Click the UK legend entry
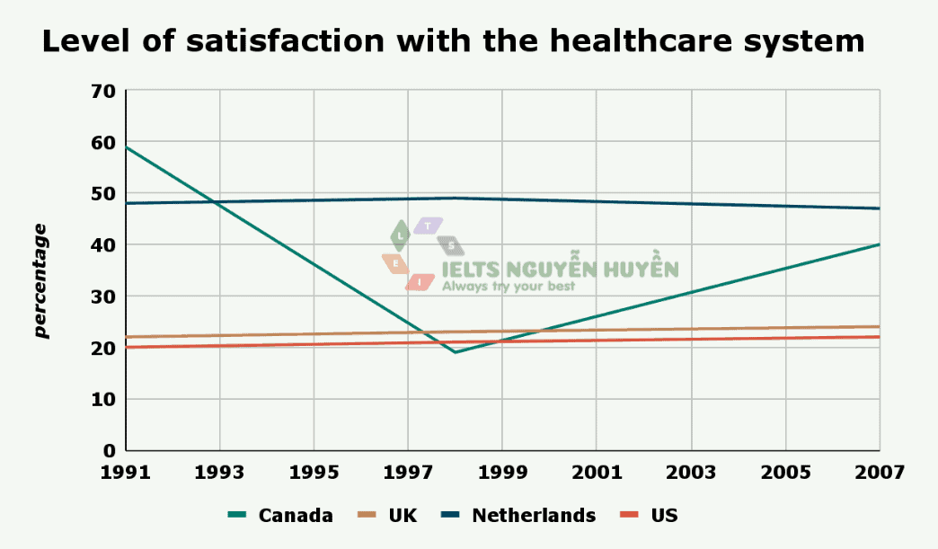point(403,515)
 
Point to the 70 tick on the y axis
point(104,91)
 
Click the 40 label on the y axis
point(104,244)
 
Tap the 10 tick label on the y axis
point(104,399)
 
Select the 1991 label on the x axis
point(126,471)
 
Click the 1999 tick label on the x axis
point(502,471)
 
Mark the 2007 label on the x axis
point(879,471)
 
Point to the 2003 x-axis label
point(691,471)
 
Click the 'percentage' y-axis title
point(41,281)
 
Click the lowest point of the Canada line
point(456,352)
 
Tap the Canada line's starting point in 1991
point(127,147)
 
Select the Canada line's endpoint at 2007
point(879,244)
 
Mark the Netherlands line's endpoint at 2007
point(879,208)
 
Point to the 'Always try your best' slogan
point(508,287)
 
